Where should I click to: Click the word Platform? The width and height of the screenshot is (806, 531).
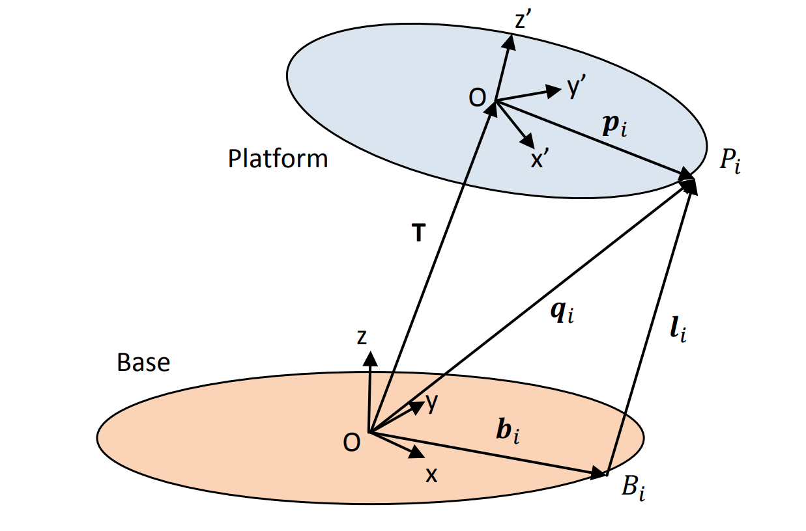(x=278, y=158)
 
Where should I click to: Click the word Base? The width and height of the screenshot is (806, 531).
(x=143, y=362)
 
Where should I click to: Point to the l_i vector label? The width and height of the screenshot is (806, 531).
(x=678, y=333)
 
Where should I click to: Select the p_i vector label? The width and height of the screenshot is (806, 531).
(x=615, y=126)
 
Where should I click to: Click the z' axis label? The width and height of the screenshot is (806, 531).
(x=523, y=20)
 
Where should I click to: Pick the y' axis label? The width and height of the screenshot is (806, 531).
(x=573, y=87)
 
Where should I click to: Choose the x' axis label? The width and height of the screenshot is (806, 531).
(x=538, y=159)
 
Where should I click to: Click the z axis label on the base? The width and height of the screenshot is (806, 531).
(x=362, y=336)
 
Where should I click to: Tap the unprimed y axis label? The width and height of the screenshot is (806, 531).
(x=431, y=404)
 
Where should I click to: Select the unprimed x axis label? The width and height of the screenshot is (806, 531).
(x=431, y=476)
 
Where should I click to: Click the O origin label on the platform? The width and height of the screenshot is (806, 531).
(x=478, y=98)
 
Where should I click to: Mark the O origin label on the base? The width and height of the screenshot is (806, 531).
(x=351, y=442)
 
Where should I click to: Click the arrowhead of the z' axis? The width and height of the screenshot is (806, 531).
(x=510, y=40)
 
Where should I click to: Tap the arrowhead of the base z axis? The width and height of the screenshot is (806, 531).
(x=371, y=357)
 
